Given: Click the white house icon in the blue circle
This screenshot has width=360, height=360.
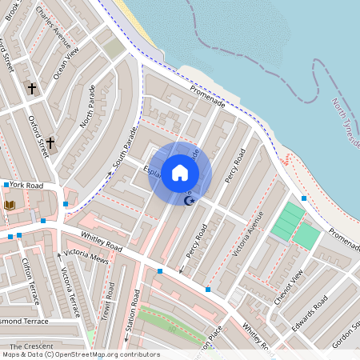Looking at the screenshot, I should pyautogui.click(x=180, y=172).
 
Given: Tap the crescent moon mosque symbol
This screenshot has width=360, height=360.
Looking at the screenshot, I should pyautogui.click(x=190, y=200).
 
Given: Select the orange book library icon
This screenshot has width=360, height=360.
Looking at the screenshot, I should pyautogui.click(x=10, y=206).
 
